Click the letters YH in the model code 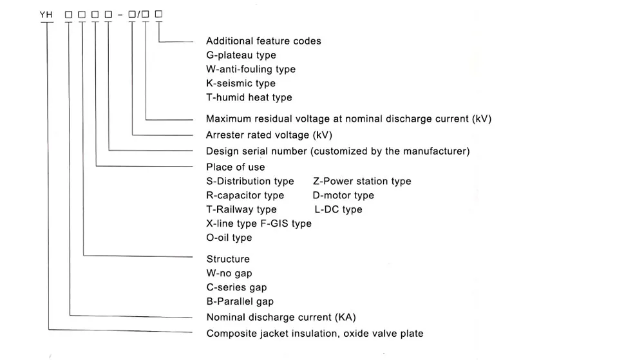(46, 14)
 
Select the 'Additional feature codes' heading (263, 41)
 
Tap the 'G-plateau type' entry (241, 55)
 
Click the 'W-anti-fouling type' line (251, 70)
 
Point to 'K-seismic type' (240, 84)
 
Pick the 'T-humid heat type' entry (249, 98)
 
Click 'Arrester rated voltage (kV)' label (269, 135)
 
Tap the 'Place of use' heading (235, 167)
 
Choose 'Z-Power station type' (361, 182)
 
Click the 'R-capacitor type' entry (245, 196)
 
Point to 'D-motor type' (343, 196)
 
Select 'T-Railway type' (241, 210)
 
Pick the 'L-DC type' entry (338, 210)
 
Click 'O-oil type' (229, 238)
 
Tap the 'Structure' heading (228, 260)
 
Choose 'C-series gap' (236, 288)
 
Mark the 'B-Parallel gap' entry (240, 302)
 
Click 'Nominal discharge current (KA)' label (281, 317)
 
